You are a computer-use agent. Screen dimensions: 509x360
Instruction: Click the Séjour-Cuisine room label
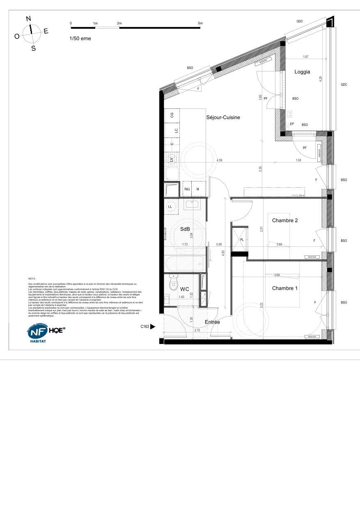223,117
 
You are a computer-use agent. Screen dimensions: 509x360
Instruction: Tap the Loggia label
302,72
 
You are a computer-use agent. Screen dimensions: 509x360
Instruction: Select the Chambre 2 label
285,220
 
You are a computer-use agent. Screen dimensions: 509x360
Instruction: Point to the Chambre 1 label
285,288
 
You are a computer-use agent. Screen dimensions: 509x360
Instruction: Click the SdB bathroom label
185,229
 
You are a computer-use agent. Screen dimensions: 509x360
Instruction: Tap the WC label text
185,289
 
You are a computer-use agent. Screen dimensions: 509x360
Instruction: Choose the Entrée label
212,322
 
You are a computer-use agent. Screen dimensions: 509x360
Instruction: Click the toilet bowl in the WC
174,284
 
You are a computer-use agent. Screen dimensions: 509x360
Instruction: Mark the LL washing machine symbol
170,207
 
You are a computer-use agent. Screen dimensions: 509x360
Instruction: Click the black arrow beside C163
153,327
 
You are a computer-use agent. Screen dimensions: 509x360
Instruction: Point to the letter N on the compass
28,18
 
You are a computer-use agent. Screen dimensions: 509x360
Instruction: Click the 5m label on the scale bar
200,23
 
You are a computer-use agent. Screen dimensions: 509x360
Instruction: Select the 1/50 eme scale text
80,39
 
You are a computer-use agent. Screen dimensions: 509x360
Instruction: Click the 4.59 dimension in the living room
220,161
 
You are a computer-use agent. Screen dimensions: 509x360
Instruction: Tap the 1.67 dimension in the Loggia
305,57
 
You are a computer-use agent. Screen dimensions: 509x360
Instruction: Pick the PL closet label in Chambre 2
242,240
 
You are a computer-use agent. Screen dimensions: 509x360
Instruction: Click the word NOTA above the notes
32,278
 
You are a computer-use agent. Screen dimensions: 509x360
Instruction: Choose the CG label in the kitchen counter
172,115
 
